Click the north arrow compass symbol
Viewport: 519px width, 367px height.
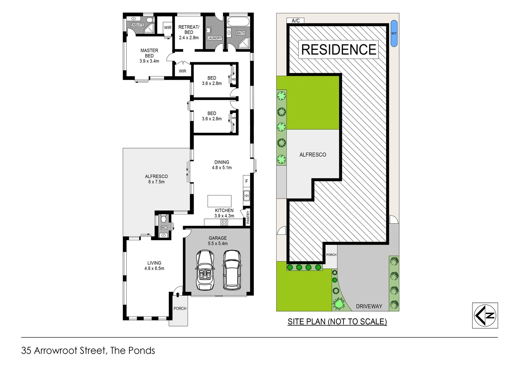(x=485, y=315)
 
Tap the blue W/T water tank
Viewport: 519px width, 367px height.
(x=394, y=33)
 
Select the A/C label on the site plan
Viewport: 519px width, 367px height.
(x=296, y=21)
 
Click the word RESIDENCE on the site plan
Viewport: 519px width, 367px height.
(x=339, y=50)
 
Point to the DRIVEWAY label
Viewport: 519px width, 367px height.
(x=369, y=306)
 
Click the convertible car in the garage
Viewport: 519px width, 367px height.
(x=205, y=270)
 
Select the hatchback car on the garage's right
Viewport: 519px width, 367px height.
(x=232, y=270)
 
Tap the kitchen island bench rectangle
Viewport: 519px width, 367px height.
(x=219, y=201)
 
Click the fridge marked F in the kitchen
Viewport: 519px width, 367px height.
(x=247, y=181)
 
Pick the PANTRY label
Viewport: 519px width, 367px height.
(x=248, y=217)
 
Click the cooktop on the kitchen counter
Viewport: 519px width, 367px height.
(x=224, y=222)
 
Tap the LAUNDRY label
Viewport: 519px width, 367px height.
(x=214, y=38)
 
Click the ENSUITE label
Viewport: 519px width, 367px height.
(x=137, y=25)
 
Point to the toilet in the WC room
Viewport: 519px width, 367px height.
(x=164, y=219)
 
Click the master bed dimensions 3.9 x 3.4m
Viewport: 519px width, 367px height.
(x=149, y=61)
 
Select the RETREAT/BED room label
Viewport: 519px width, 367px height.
(x=189, y=30)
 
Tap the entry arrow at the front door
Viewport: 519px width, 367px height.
(x=177, y=295)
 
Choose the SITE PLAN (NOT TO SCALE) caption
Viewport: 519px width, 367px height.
(x=337, y=321)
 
